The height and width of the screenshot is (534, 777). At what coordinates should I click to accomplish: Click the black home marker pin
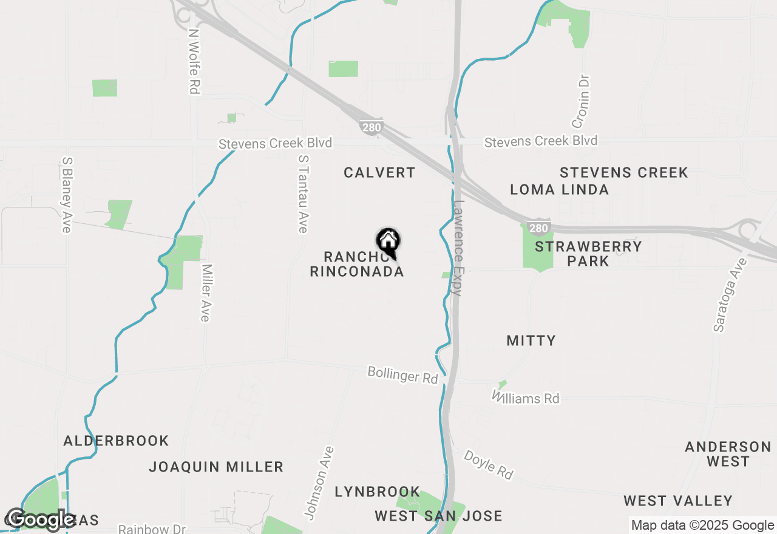(388, 242)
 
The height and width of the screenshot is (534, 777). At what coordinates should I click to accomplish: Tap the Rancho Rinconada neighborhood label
(357, 264)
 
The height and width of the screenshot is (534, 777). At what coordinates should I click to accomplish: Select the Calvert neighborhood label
(379, 173)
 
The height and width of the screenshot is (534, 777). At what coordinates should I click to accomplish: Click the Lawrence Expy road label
(458, 248)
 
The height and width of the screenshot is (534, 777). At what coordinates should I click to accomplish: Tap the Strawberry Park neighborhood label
(588, 254)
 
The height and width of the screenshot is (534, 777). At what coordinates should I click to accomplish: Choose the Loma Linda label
(559, 189)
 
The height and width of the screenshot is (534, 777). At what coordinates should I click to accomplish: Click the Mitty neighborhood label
(531, 340)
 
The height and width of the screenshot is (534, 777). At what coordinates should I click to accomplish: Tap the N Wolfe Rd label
(194, 61)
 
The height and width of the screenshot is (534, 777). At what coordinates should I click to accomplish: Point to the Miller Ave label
(206, 293)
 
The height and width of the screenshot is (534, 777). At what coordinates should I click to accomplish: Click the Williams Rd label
(526, 398)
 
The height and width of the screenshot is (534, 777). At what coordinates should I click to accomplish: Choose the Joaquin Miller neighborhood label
(216, 467)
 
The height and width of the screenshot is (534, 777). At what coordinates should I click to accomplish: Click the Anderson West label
(728, 454)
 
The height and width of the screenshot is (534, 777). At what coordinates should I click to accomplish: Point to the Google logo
(40, 519)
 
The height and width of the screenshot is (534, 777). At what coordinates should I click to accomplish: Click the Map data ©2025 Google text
(702, 526)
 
